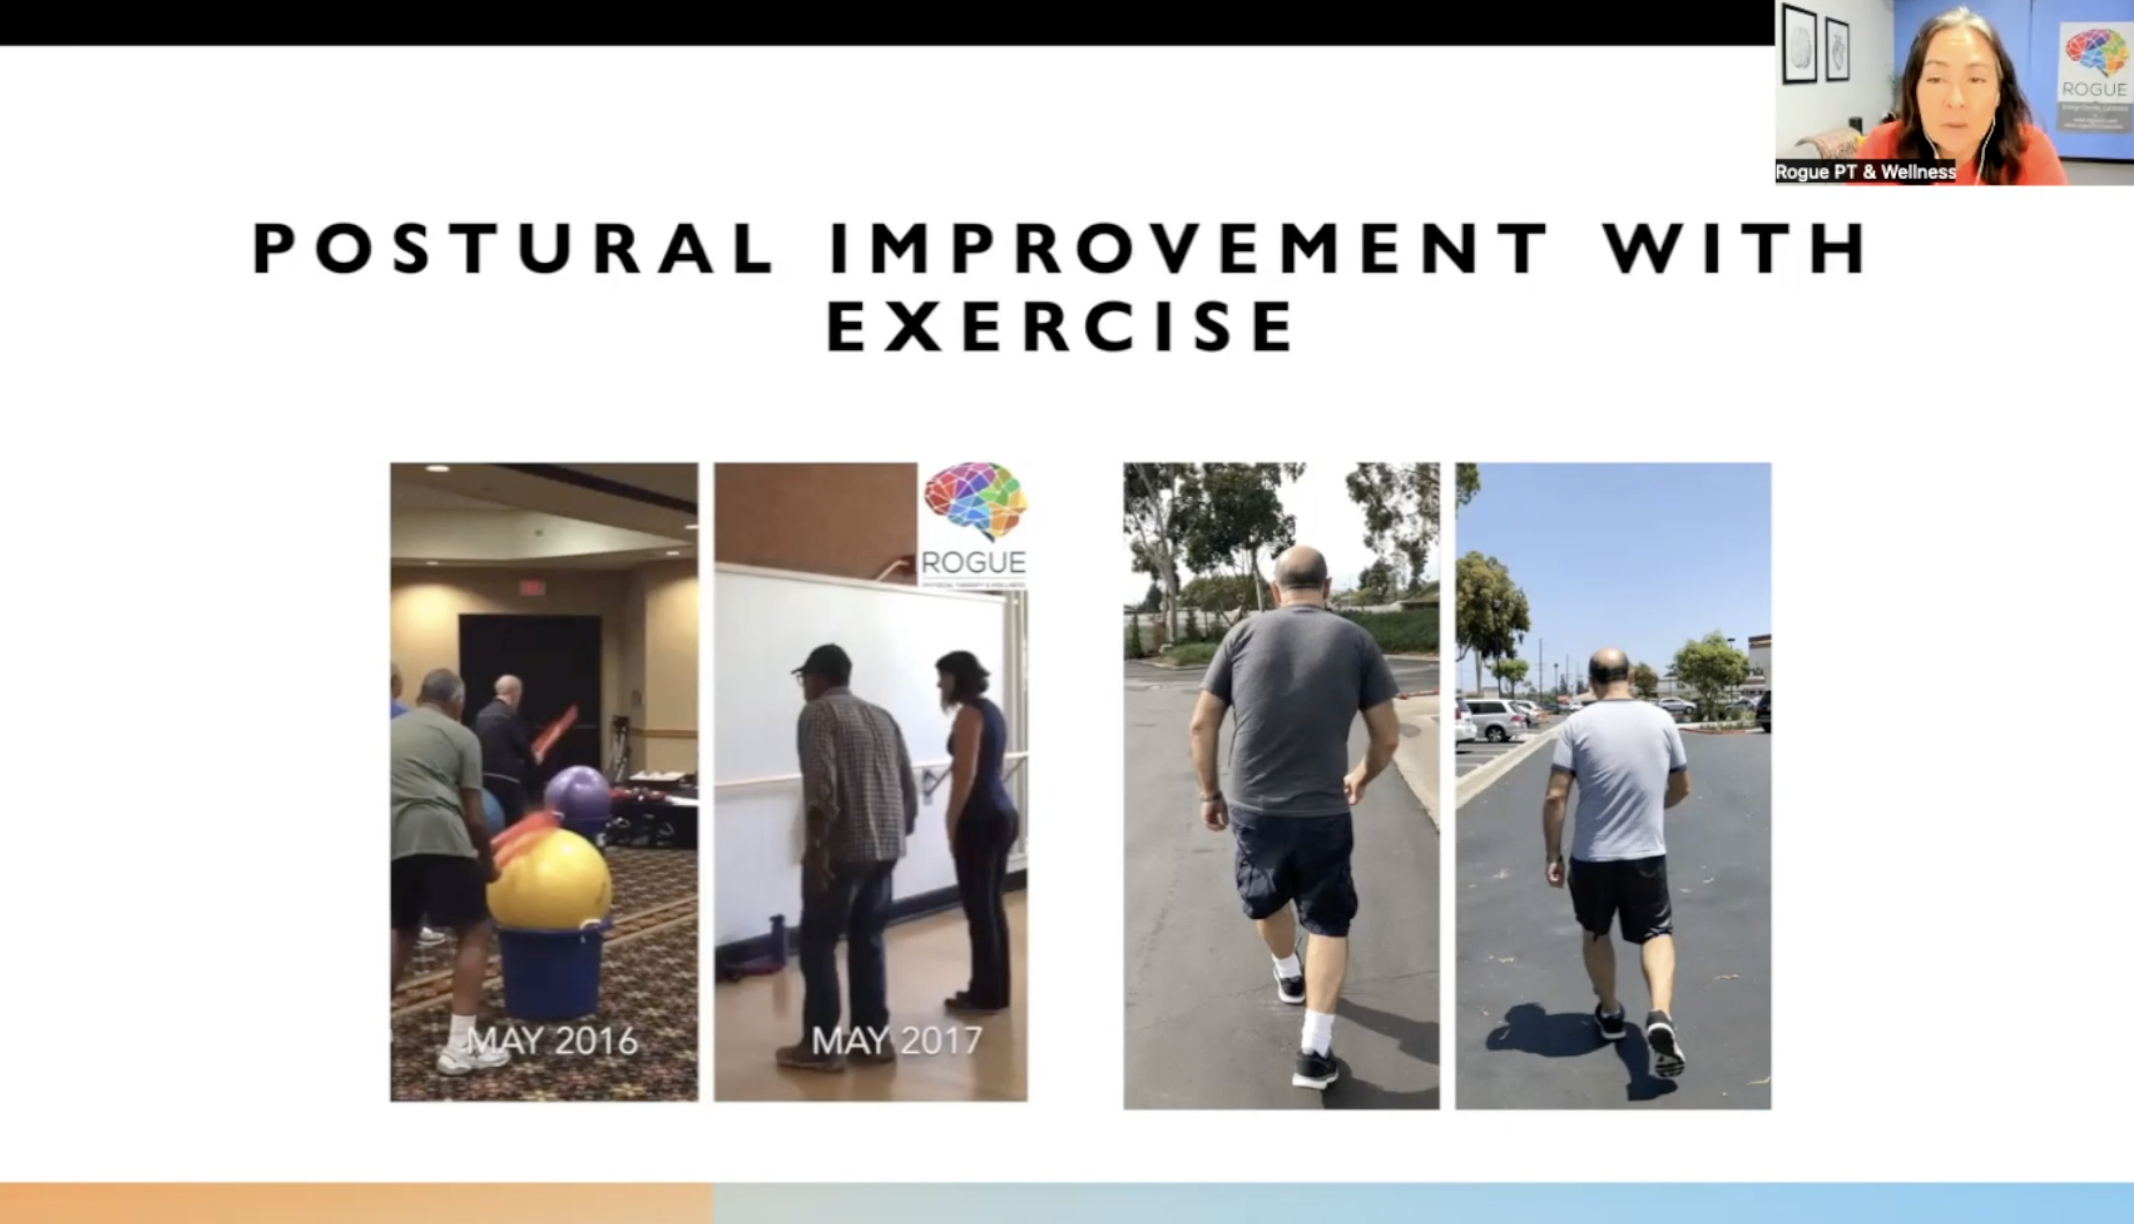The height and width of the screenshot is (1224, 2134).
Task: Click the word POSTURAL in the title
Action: tap(513, 249)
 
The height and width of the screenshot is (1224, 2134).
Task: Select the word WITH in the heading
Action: tap(1735, 249)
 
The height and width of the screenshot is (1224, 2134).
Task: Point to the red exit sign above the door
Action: tap(531, 587)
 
